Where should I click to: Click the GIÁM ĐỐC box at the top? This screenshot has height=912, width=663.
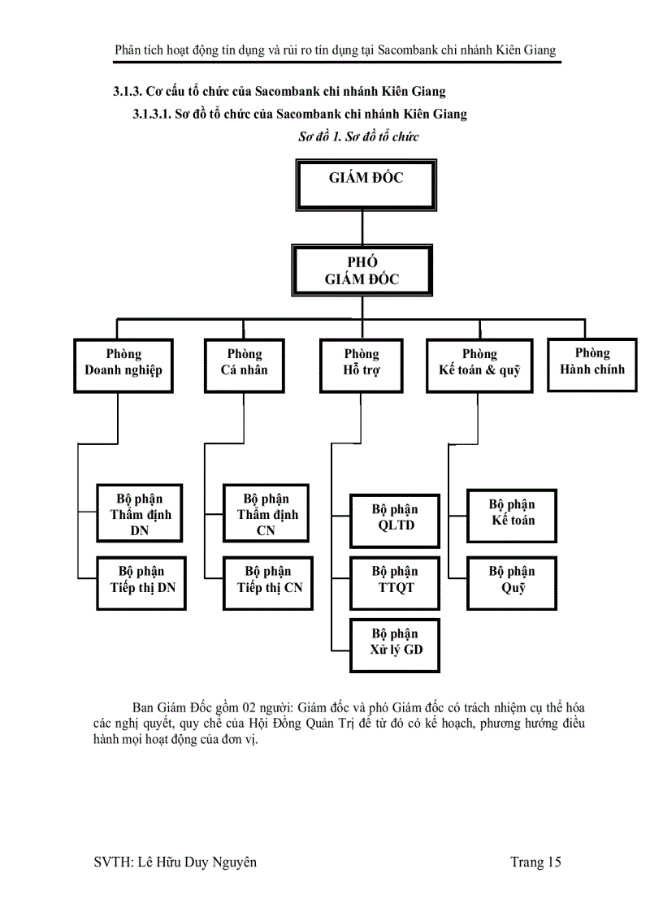(366, 184)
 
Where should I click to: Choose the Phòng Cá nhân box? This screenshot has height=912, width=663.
(244, 364)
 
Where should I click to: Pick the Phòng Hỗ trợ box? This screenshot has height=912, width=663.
(362, 364)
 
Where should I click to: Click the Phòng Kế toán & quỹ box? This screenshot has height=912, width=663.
(479, 364)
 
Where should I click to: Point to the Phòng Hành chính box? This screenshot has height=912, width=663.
(591, 363)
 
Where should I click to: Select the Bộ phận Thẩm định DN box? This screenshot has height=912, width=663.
(141, 514)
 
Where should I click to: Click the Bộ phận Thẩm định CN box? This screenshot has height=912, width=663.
(266, 514)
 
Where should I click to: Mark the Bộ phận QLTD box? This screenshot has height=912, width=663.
(395, 517)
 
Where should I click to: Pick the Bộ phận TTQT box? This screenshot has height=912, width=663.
(395, 582)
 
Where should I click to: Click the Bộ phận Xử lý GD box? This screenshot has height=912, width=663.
(395, 645)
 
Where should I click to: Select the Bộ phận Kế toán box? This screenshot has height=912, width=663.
(512, 515)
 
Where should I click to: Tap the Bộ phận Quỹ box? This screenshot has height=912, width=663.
(512, 582)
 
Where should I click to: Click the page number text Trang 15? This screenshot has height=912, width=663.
(535, 862)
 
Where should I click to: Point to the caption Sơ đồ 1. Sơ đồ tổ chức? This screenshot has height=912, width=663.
(358, 136)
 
